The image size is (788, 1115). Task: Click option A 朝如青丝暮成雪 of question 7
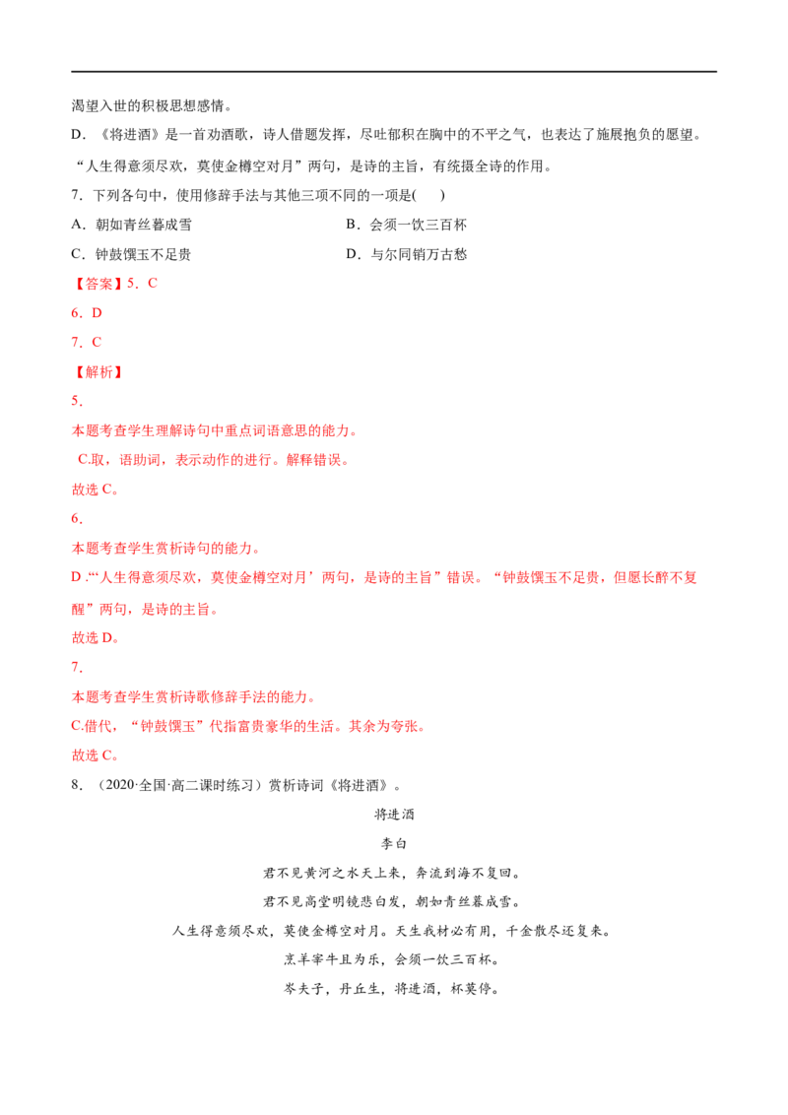[x=132, y=225]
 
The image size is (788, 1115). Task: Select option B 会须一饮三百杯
[x=406, y=225]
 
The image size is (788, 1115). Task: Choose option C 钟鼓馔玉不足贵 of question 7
[x=132, y=254]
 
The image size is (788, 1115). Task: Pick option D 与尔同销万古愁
[x=406, y=254]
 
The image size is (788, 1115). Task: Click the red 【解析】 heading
[x=98, y=372]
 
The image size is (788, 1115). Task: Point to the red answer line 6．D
[x=87, y=313]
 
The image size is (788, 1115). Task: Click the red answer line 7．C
[x=87, y=342]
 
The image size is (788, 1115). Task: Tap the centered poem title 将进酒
[x=394, y=815]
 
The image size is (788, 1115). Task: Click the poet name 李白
[x=394, y=843]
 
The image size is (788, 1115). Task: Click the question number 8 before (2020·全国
[x=77, y=785]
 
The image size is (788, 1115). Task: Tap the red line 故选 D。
[x=96, y=638]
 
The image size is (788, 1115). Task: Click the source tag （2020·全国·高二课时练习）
[x=176, y=785]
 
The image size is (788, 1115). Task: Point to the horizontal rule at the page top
[x=394, y=71]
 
